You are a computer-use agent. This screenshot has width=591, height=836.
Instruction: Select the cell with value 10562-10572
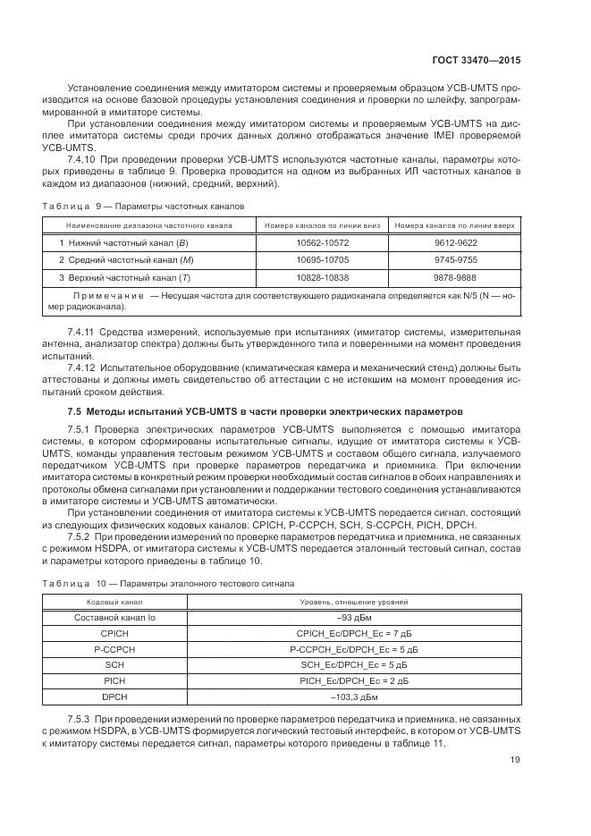(x=322, y=242)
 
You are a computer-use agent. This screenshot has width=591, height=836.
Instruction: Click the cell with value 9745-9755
(x=456, y=260)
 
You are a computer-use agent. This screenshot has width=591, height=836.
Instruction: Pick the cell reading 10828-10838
(x=322, y=277)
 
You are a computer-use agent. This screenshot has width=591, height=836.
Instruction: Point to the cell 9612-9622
(x=456, y=242)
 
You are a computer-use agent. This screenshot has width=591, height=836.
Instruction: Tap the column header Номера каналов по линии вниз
(x=322, y=225)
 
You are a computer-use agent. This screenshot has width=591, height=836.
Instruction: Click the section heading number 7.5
(x=76, y=411)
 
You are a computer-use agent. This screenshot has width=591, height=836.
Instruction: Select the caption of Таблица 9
(x=143, y=206)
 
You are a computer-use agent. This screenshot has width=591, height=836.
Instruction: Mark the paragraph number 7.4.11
(x=83, y=332)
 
